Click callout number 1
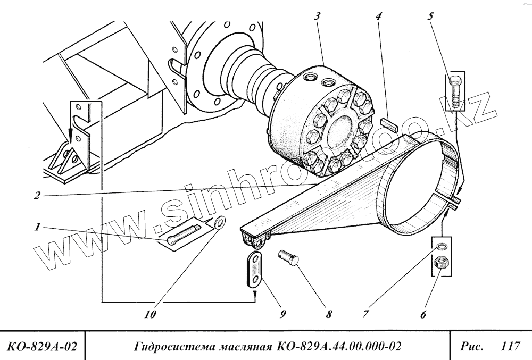37,227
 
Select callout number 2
37,195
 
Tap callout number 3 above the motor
317,16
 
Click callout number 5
431,16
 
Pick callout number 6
423,315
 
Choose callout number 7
365,315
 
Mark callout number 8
328,315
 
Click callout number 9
282,315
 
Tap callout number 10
151,315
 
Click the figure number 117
510,346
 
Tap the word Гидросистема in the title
174,347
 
